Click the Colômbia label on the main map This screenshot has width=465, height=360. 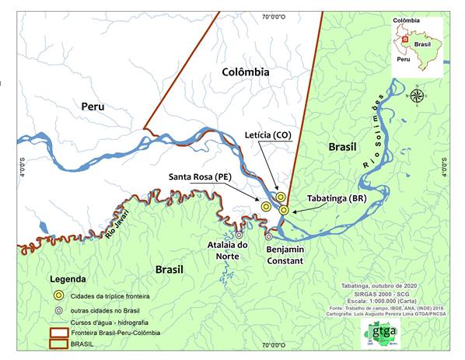pyautogui.click(x=245, y=72)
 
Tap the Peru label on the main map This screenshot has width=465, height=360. pyautogui.click(x=98, y=106)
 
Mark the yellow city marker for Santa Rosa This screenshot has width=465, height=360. pyautogui.click(x=266, y=206)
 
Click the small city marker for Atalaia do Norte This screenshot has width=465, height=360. pyautogui.click(x=239, y=234)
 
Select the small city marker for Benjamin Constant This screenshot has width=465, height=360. pyautogui.click(x=269, y=236)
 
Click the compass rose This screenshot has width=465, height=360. pyautogui.click(x=417, y=96)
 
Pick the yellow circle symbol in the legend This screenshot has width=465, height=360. pyautogui.click(x=58, y=295)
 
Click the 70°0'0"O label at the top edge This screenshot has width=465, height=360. pyautogui.click(x=274, y=16)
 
